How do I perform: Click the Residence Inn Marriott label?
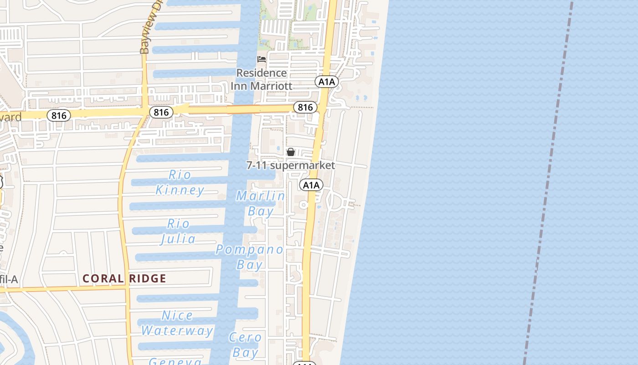point(262,79)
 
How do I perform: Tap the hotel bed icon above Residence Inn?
point(262,59)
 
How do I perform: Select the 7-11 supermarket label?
point(291,165)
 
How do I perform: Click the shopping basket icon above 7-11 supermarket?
point(291,152)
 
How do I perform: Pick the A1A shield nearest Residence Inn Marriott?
point(326,82)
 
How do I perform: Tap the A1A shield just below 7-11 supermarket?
point(311,185)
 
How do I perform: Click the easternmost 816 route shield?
point(305,107)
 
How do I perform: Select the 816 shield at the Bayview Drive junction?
point(161,112)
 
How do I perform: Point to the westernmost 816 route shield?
point(59,115)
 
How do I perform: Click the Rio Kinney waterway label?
point(180,182)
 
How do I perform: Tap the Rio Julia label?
point(179,231)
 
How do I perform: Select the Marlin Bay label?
point(261,203)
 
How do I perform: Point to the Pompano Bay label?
point(249,257)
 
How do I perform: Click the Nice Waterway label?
point(177,323)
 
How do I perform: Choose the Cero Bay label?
point(245,345)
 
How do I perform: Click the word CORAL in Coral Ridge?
point(103,278)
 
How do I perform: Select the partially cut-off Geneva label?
point(175,361)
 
